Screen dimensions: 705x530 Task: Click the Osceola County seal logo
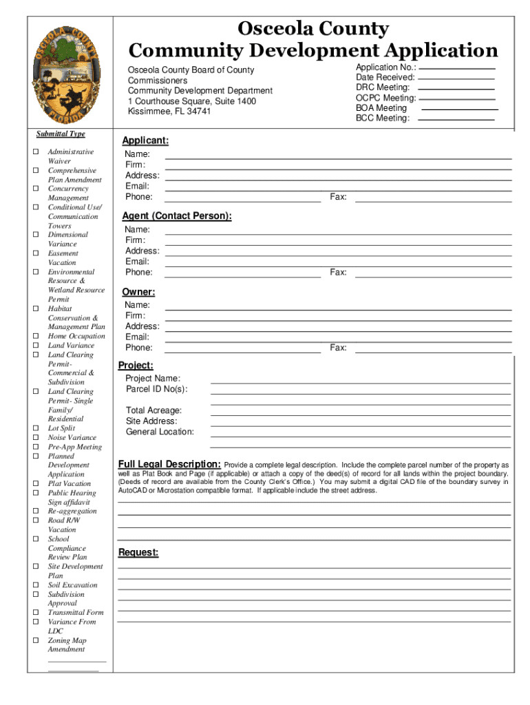[x=67, y=74]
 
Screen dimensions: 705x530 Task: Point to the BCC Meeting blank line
[x=456, y=119]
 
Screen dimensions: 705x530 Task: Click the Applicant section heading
[x=145, y=141]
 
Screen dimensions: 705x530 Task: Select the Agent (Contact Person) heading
[x=177, y=216]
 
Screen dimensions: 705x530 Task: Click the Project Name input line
[x=360, y=382]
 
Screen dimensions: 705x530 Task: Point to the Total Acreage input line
[x=360, y=414]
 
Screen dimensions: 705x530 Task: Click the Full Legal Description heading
[x=169, y=463]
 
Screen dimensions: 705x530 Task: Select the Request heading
[x=138, y=553]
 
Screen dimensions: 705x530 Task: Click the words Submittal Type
[x=62, y=134]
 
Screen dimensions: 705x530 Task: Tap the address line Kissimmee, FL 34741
[x=169, y=112]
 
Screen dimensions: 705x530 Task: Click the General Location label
[x=160, y=432]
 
